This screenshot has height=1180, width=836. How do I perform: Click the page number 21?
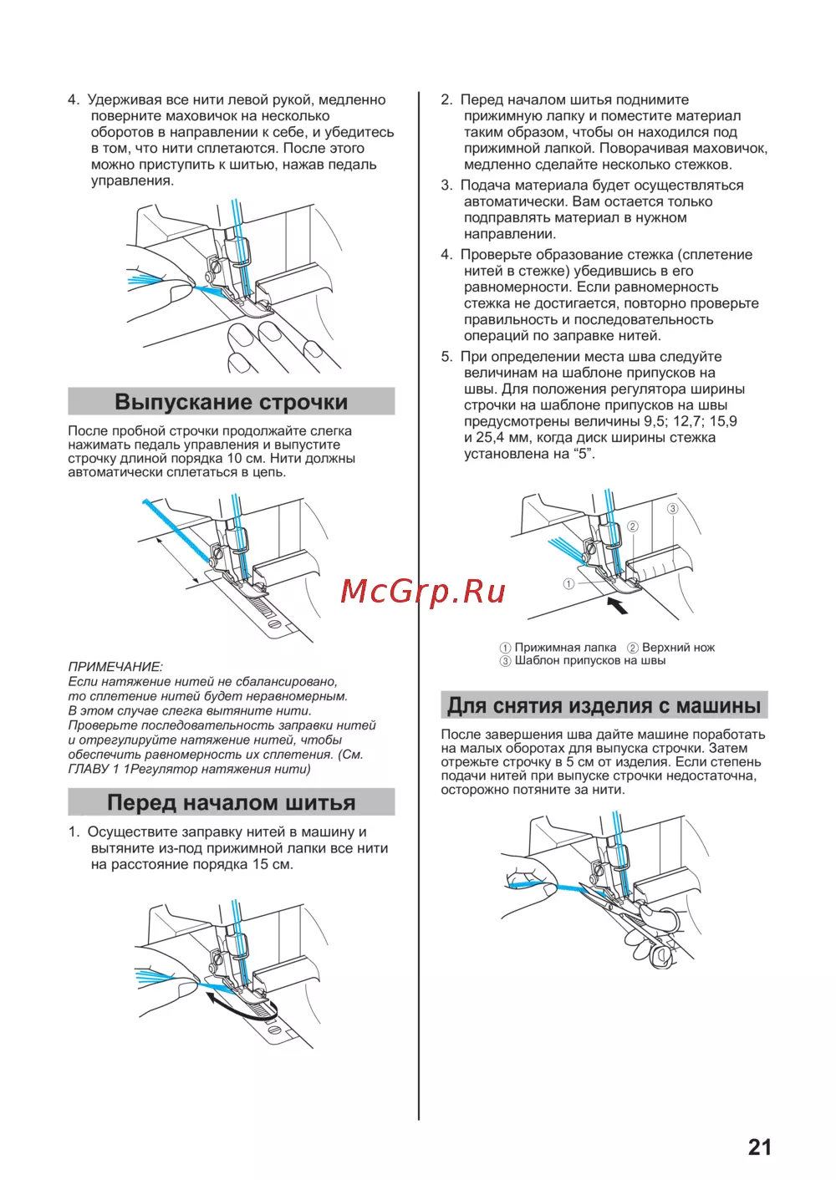(759, 1147)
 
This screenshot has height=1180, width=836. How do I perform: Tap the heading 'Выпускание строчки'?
(231, 402)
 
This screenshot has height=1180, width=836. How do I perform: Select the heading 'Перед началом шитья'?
(231, 803)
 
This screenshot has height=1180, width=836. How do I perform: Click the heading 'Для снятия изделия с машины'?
(604, 705)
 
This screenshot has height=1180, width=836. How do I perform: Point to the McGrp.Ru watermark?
(423, 592)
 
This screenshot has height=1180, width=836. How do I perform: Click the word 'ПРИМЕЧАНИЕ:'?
(115, 667)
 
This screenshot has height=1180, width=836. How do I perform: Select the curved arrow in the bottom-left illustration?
(238, 1004)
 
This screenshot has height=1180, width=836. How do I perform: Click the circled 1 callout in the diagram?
(568, 584)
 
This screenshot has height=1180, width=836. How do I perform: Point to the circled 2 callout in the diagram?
(633, 526)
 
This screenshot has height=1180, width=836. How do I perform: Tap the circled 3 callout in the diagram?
(672, 508)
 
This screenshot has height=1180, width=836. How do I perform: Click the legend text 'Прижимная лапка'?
(565, 648)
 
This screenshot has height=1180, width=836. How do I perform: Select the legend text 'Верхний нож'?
(678, 648)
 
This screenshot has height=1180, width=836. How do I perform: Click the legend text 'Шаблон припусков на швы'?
(590, 660)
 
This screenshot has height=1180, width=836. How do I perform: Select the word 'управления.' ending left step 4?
(132, 181)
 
